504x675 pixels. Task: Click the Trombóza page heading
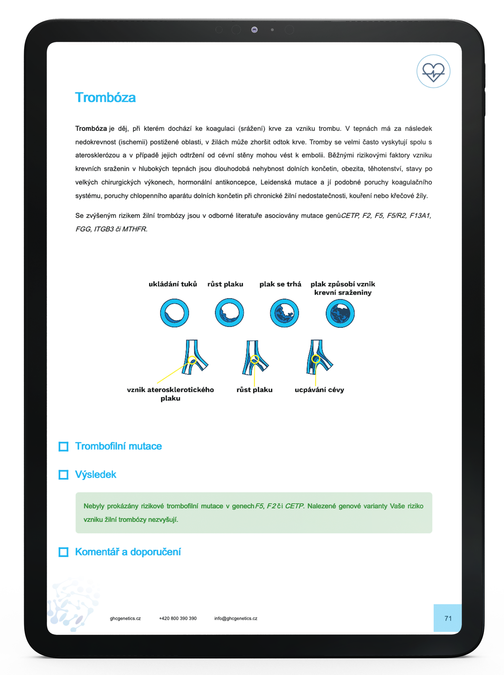[x=105, y=98]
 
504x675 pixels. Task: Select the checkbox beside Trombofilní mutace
[x=63, y=446]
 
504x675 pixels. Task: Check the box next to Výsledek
[x=63, y=475]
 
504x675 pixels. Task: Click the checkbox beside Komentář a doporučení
[x=63, y=552]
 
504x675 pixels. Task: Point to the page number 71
[x=448, y=618]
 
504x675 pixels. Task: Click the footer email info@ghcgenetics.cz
[x=235, y=618]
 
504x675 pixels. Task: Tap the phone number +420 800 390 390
[x=178, y=618]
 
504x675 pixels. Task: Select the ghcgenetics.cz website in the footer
[x=125, y=618]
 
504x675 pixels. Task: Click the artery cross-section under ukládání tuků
[x=174, y=313]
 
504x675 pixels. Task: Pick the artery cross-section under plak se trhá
[x=284, y=313]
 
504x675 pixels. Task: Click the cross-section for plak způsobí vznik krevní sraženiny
[x=340, y=313]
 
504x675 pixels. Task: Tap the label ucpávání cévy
[x=319, y=390]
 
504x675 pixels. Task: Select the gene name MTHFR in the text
[x=134, y=229]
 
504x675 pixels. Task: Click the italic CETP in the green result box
[x=294, y=506]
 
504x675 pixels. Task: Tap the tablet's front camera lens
[x=254, y=30]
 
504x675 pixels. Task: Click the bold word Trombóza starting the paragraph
[x=91, y=128]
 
